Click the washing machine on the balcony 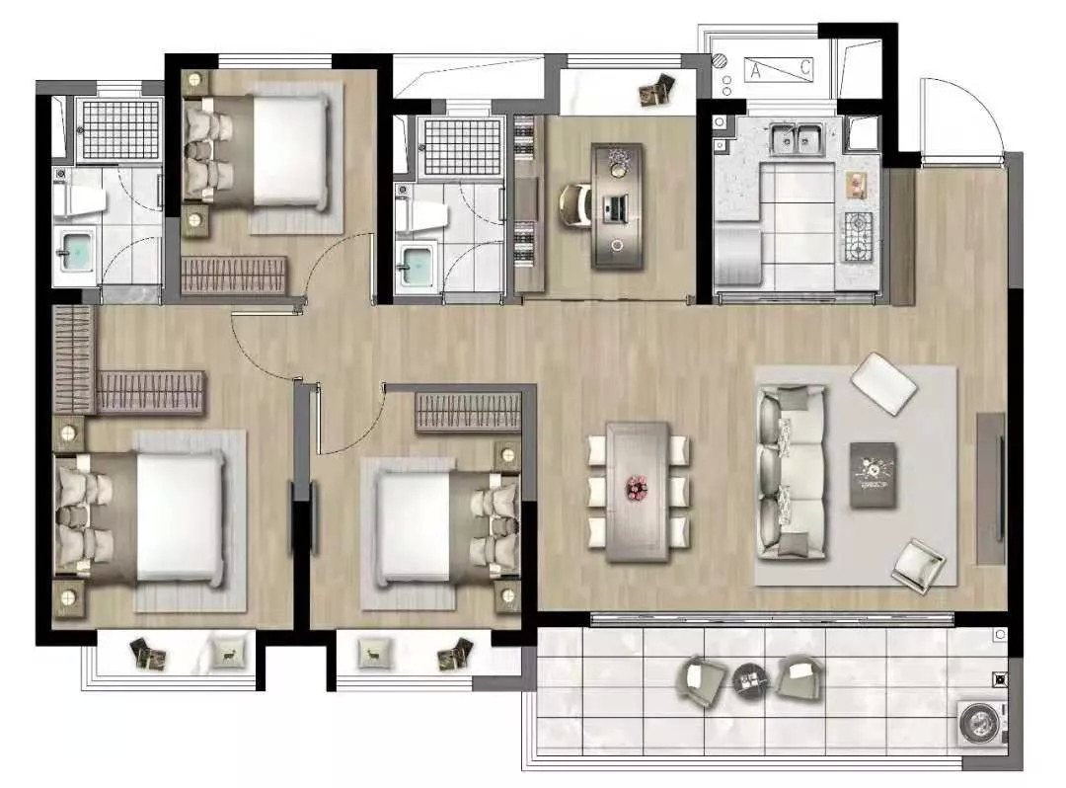(x=981, y=722)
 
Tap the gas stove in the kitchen (x=858, y=237)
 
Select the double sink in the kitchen (x=797, y=138)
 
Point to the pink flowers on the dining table (x=637, y=487)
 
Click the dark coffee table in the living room (x=873, y=475)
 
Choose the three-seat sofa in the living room (x=792, y=473)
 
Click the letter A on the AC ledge (x=755, y=70)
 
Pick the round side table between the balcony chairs (x=750, y=678)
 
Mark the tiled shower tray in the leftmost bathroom (x=119, y=130)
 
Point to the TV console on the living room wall (x=991, y=488)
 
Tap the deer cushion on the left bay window (x=226, y=654)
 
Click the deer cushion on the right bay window (x=374, y=654)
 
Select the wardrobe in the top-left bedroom (x=233, y=275)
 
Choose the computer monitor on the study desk (x=616, y=208)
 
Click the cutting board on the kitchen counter (x=855, y=185)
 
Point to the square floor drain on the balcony (x=999, y=678)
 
